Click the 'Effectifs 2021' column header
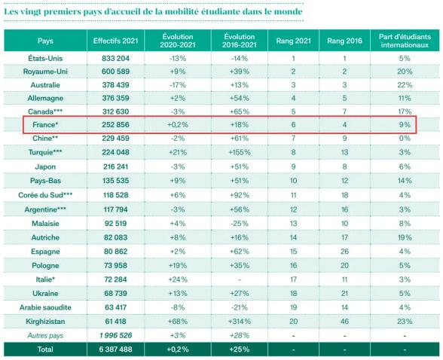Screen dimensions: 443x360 [x=115, y=41]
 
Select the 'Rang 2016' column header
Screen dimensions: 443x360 [x=344, y=41]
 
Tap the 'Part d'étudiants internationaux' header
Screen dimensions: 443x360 [x=405, y=41]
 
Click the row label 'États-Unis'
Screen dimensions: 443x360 [x=45, y=59]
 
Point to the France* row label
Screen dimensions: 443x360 [x=45, y=124]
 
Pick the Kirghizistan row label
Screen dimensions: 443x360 [x=45, y=322]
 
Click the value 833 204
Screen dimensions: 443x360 [x=115, y=59]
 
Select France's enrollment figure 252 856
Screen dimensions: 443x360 [x=115, y=124]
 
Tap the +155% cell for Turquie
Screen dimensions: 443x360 [x=240, y=152]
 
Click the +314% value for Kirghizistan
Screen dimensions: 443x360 [x=240, y=322]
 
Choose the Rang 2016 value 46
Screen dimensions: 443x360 [x=344, y=322]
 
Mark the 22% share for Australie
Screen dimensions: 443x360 [x=405, y=85]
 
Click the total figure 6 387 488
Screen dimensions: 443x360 [x=115, y=349]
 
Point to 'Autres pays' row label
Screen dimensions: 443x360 [x=45, y=335]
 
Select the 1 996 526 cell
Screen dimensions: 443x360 [x=115, y=335]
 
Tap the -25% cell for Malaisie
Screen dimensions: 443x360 [x=240, y=224]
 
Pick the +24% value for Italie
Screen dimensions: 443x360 [x=178, y=279]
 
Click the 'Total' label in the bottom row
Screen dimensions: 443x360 [x=45, y=349]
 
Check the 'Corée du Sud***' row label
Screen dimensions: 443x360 [x=45, y=195]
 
